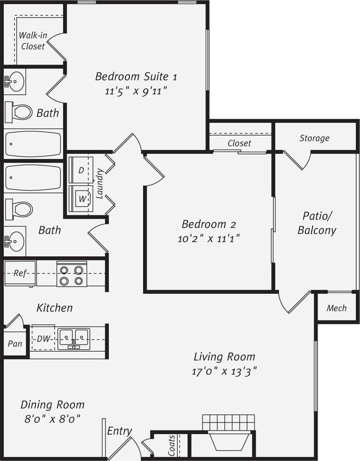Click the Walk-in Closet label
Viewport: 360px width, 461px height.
pyautogui.click(x=33, y=40)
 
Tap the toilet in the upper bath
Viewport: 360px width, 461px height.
pyautogui.click(x=20, y=112)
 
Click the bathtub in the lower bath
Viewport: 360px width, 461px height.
pyautogui.click(x=33, y=177)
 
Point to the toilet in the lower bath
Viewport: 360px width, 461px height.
pyautogui.click(x=20, y=209)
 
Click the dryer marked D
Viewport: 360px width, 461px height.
pyautogui.click(x=81, y=170)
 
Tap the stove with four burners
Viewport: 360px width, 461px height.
pyautogui.click(x=71, y=275)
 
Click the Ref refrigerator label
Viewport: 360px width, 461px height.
pyautogui.click(x=20, y=273)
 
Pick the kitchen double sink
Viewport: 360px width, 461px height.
pyautogui.click(x=74, y=338)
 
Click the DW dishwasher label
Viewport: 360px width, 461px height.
pyautogui.click(x=43, y=339)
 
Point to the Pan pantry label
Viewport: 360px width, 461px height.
pyautogui.click(x=14, y=344)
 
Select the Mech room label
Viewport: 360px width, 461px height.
pyautogui.click(x=336, y=308)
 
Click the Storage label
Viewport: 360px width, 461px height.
pyautogui.click(x=314, y=138)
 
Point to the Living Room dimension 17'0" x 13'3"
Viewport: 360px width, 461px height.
pyautogui.click(x=224, y=371)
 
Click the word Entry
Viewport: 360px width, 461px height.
pyautogui.click(x=119, y=431)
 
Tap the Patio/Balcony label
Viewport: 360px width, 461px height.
pyautogui.click(x=317, y=223)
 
